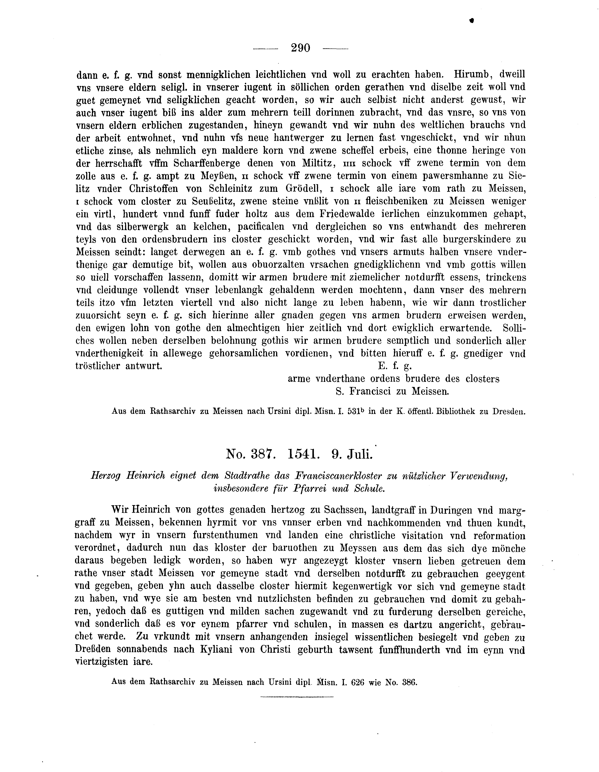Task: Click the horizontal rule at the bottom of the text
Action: (x=297, y=697)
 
